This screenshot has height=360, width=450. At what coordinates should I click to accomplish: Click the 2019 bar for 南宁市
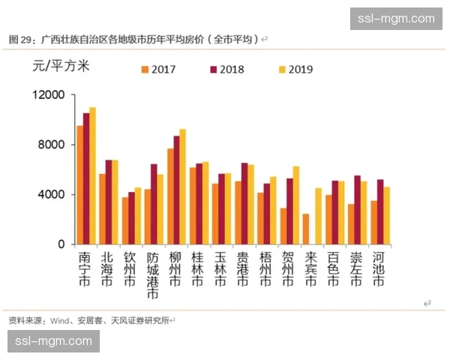pos(93,176)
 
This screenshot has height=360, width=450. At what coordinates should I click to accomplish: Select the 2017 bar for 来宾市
pos(305,229)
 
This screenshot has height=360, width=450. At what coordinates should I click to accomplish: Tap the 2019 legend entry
pos(293,70)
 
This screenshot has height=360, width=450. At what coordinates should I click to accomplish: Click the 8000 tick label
pos(52,145)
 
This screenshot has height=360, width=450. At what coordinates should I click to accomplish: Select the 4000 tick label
pos(52,194)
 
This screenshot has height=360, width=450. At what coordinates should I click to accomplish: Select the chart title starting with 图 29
pos(135,38)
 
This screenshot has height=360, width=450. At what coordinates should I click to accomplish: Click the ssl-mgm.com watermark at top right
pos(396,18)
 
